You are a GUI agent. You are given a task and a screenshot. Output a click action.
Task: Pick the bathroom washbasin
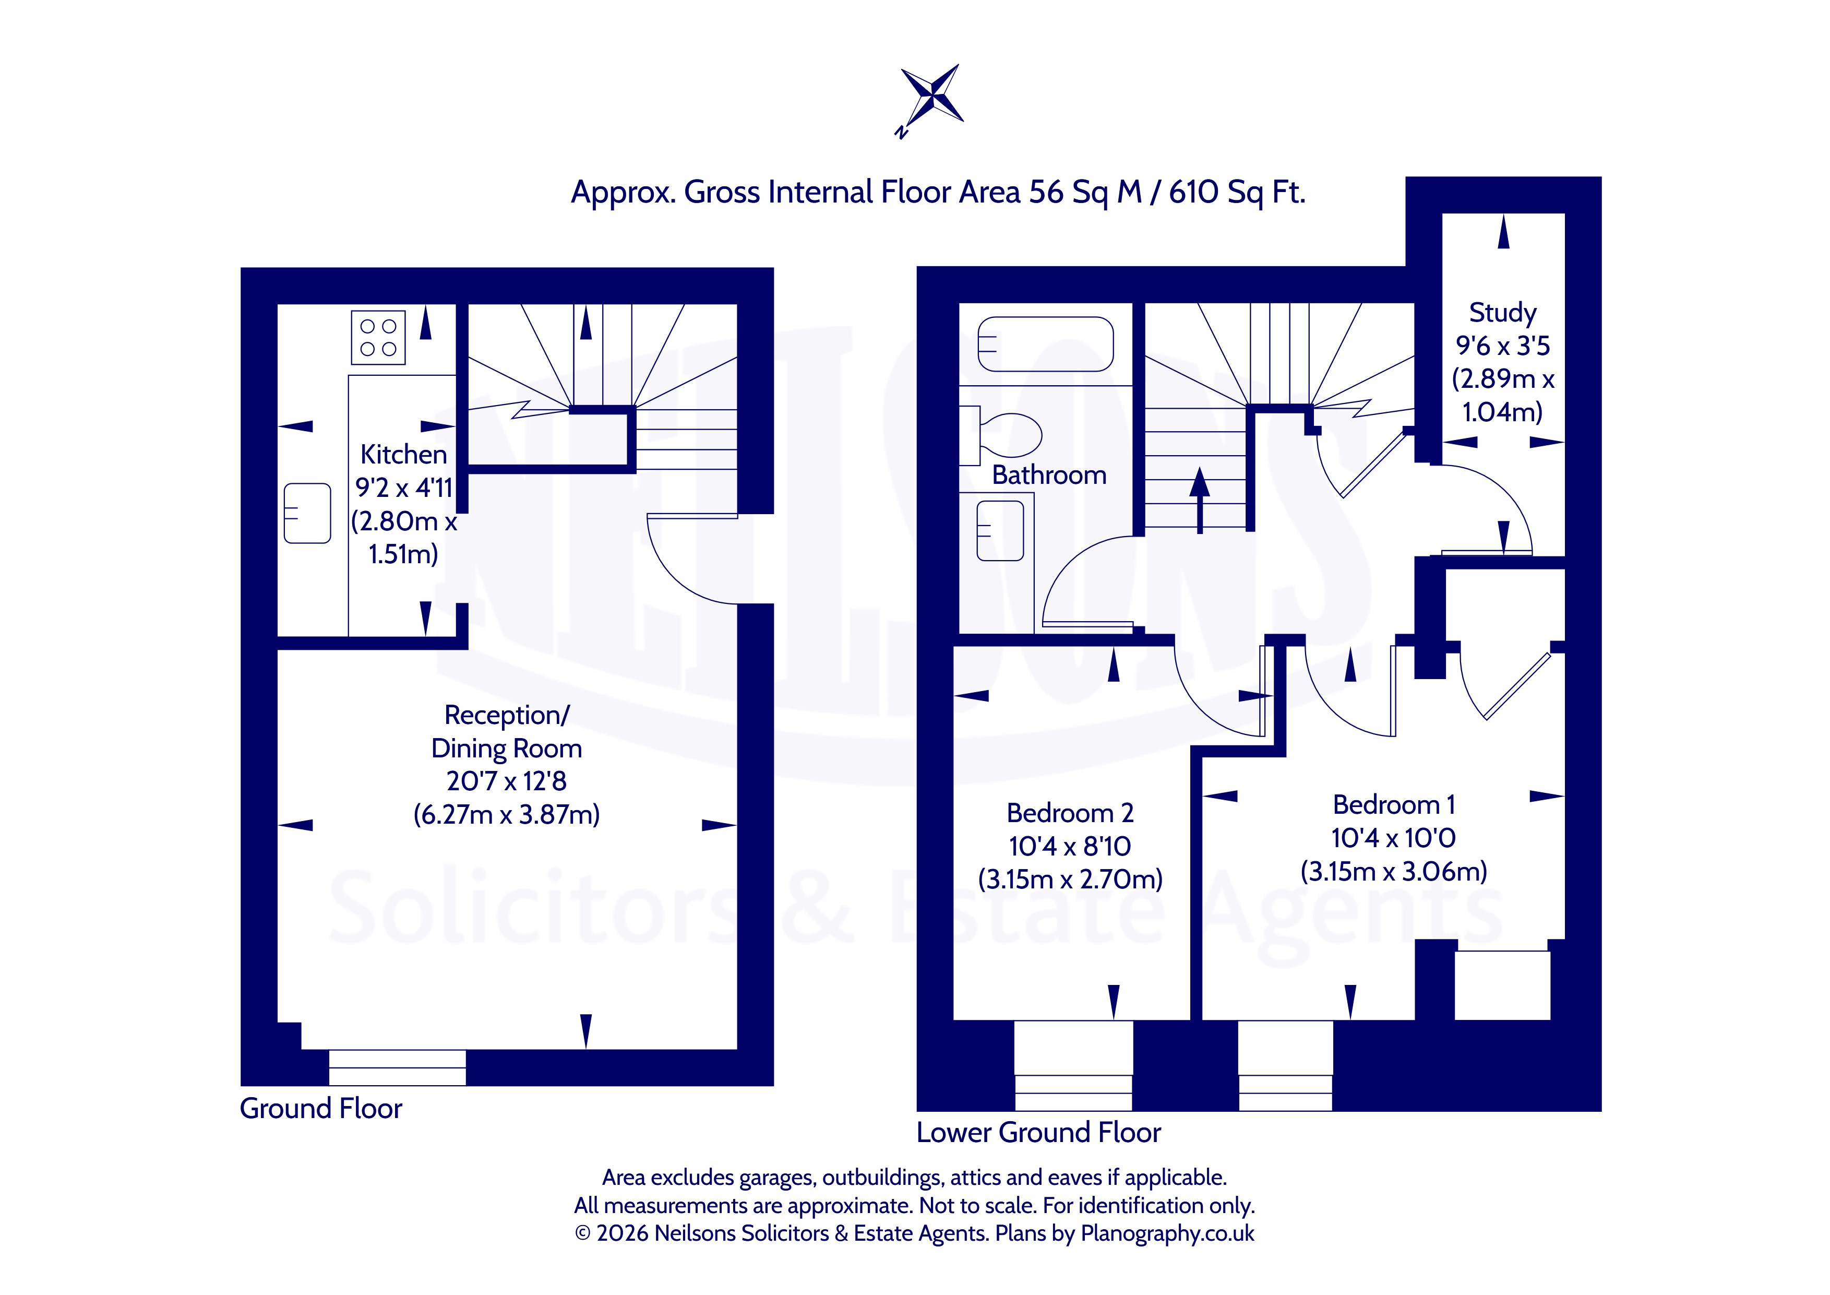pos(999,530)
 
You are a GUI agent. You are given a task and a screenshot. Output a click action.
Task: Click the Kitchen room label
pos(403,455)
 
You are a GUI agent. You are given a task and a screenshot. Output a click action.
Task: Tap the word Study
pos(1502,313)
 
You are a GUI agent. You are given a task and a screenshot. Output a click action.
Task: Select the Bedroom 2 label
pos(1070,813)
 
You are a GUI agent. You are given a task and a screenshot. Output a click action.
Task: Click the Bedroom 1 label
pos(1394,804)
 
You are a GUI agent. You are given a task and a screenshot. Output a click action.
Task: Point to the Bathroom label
pos(1049,476)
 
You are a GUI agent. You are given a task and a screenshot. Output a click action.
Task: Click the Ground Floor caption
pos(321,1109)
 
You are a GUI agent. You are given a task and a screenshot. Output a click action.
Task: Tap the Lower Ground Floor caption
pos(1038,1132)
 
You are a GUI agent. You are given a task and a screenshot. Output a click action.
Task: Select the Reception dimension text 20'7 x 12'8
pos(506,781)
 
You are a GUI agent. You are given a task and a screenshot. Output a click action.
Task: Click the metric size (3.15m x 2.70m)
pos(1070,880)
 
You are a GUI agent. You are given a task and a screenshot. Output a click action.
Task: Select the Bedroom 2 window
pos(1073,1065)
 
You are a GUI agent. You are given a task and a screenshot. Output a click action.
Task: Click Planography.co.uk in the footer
pos(1168,1233)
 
